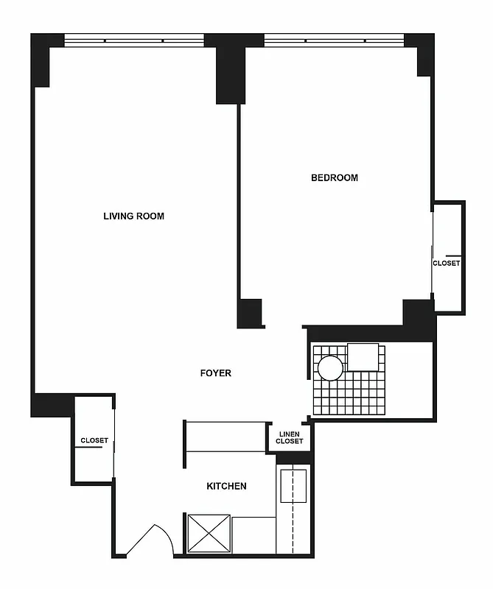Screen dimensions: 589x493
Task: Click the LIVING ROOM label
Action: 133,216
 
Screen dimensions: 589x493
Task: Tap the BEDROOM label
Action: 334,177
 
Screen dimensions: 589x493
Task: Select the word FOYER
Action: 216,373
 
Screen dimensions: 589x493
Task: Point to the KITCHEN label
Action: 226,486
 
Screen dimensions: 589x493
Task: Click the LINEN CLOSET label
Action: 289,437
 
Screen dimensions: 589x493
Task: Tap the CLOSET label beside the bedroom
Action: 446,263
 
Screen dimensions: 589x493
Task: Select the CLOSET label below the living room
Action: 94,440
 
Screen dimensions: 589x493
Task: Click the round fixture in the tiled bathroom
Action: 329,367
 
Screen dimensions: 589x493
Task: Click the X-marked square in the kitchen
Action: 209,532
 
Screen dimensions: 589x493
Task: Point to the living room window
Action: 133,40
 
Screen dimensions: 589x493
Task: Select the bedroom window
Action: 334,40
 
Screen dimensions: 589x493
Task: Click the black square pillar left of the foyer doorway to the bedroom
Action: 250,313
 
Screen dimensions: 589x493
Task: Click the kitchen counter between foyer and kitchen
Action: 225,437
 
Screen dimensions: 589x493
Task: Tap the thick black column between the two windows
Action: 230,70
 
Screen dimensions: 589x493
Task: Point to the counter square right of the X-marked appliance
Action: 254,534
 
